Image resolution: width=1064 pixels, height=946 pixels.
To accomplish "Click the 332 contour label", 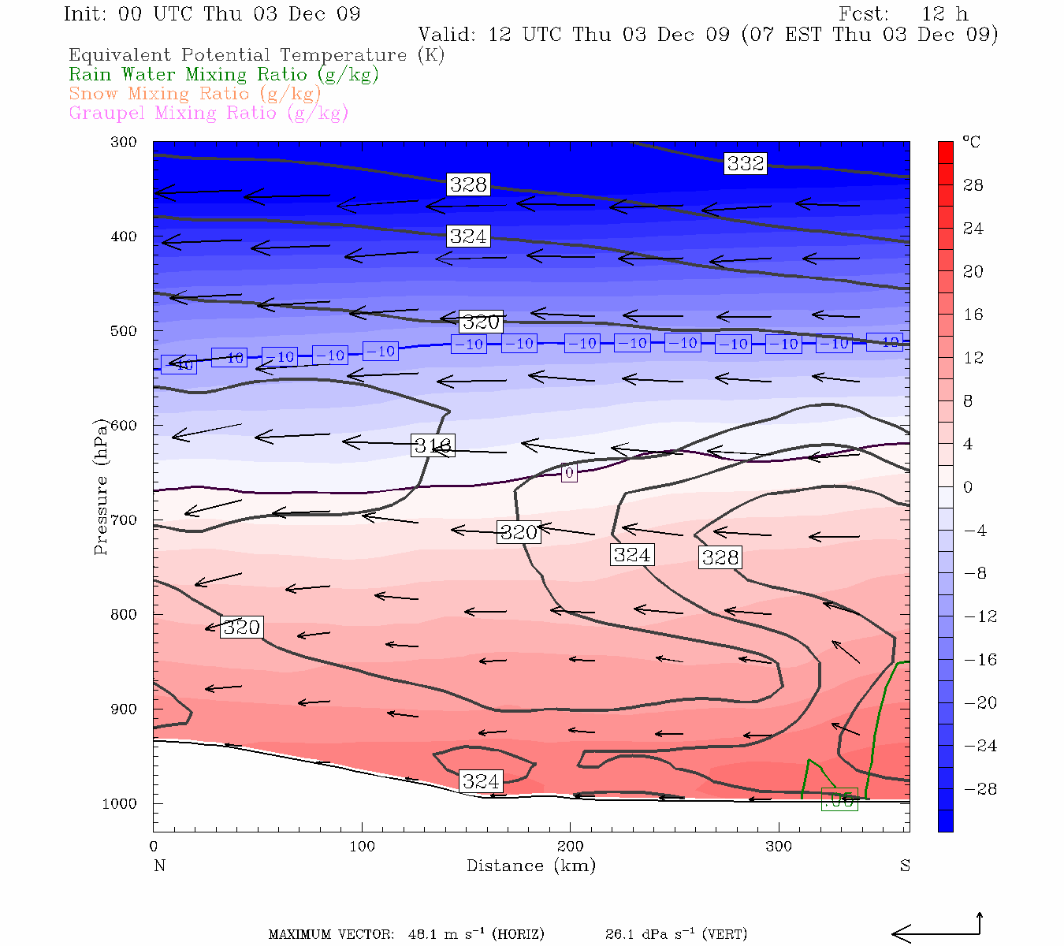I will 745,163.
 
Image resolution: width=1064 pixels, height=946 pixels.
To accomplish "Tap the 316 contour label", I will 433,445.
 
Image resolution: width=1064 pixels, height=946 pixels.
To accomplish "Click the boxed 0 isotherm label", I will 569,473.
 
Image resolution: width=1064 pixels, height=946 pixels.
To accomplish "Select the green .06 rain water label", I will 839,800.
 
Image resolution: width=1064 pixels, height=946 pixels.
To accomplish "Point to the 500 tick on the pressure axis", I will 124,331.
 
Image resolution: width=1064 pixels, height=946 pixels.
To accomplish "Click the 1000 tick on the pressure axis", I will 120,803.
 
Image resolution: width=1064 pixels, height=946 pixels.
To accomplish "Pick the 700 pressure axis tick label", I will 124,520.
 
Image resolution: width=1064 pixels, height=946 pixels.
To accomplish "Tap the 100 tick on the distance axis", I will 362,847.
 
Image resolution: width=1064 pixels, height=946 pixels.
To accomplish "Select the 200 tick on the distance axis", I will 570,847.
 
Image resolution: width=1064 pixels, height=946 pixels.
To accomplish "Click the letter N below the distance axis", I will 159,866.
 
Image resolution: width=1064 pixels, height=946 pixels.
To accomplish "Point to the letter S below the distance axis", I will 905,866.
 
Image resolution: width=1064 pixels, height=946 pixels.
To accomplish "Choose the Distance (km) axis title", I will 530,866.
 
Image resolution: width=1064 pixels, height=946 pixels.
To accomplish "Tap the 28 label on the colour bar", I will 973,185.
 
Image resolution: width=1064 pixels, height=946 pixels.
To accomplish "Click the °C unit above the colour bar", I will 972,142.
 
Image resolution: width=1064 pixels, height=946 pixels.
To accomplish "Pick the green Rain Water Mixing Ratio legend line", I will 224,75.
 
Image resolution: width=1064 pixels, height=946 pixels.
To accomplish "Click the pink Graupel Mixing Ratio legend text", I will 208,113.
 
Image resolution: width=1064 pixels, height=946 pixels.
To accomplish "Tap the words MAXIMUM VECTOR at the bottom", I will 331,935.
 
